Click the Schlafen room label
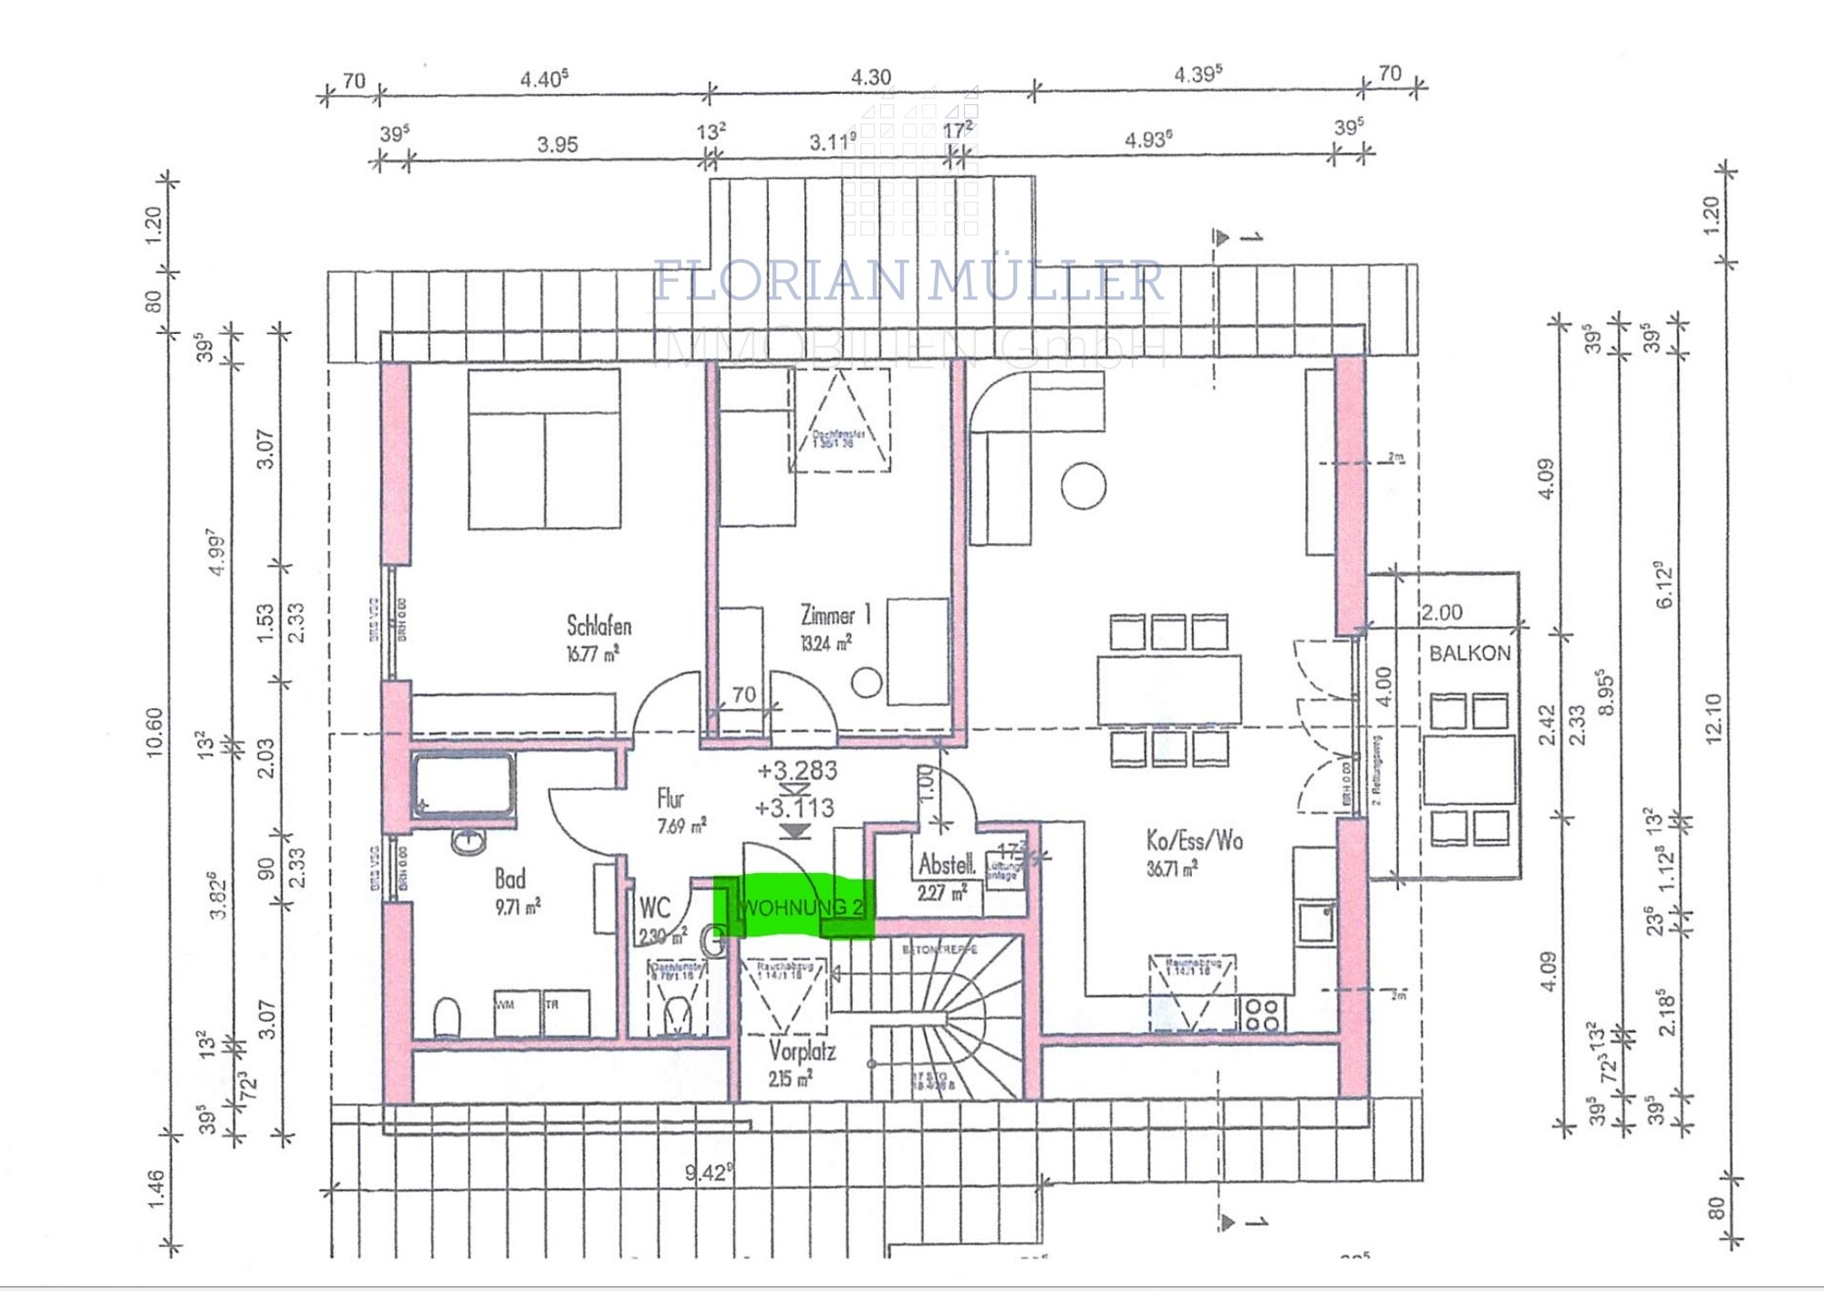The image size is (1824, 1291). [x=598, y=626]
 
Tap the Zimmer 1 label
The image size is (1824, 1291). [x=834, y=615]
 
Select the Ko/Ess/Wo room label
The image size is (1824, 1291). [x=1194, y=840]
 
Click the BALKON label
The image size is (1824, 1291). [x=1469, y=653]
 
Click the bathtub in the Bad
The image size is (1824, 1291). [x=462, y=784]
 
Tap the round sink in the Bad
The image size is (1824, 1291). [x=469, y=841]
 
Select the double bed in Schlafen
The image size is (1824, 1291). [x=544, y=449]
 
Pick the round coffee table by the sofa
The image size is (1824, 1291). [x=1083, y=485]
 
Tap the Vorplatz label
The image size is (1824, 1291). [x=802, y=1051]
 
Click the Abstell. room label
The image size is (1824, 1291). [x=947, y=864]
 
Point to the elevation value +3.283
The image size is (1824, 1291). [x=797, y=771]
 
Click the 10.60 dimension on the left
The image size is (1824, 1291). [x=153, y=732]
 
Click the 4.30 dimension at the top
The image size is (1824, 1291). [x=870, y=78]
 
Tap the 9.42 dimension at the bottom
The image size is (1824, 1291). [x=708, y=1172]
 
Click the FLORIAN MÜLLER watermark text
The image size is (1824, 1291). [x=908, y=281]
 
